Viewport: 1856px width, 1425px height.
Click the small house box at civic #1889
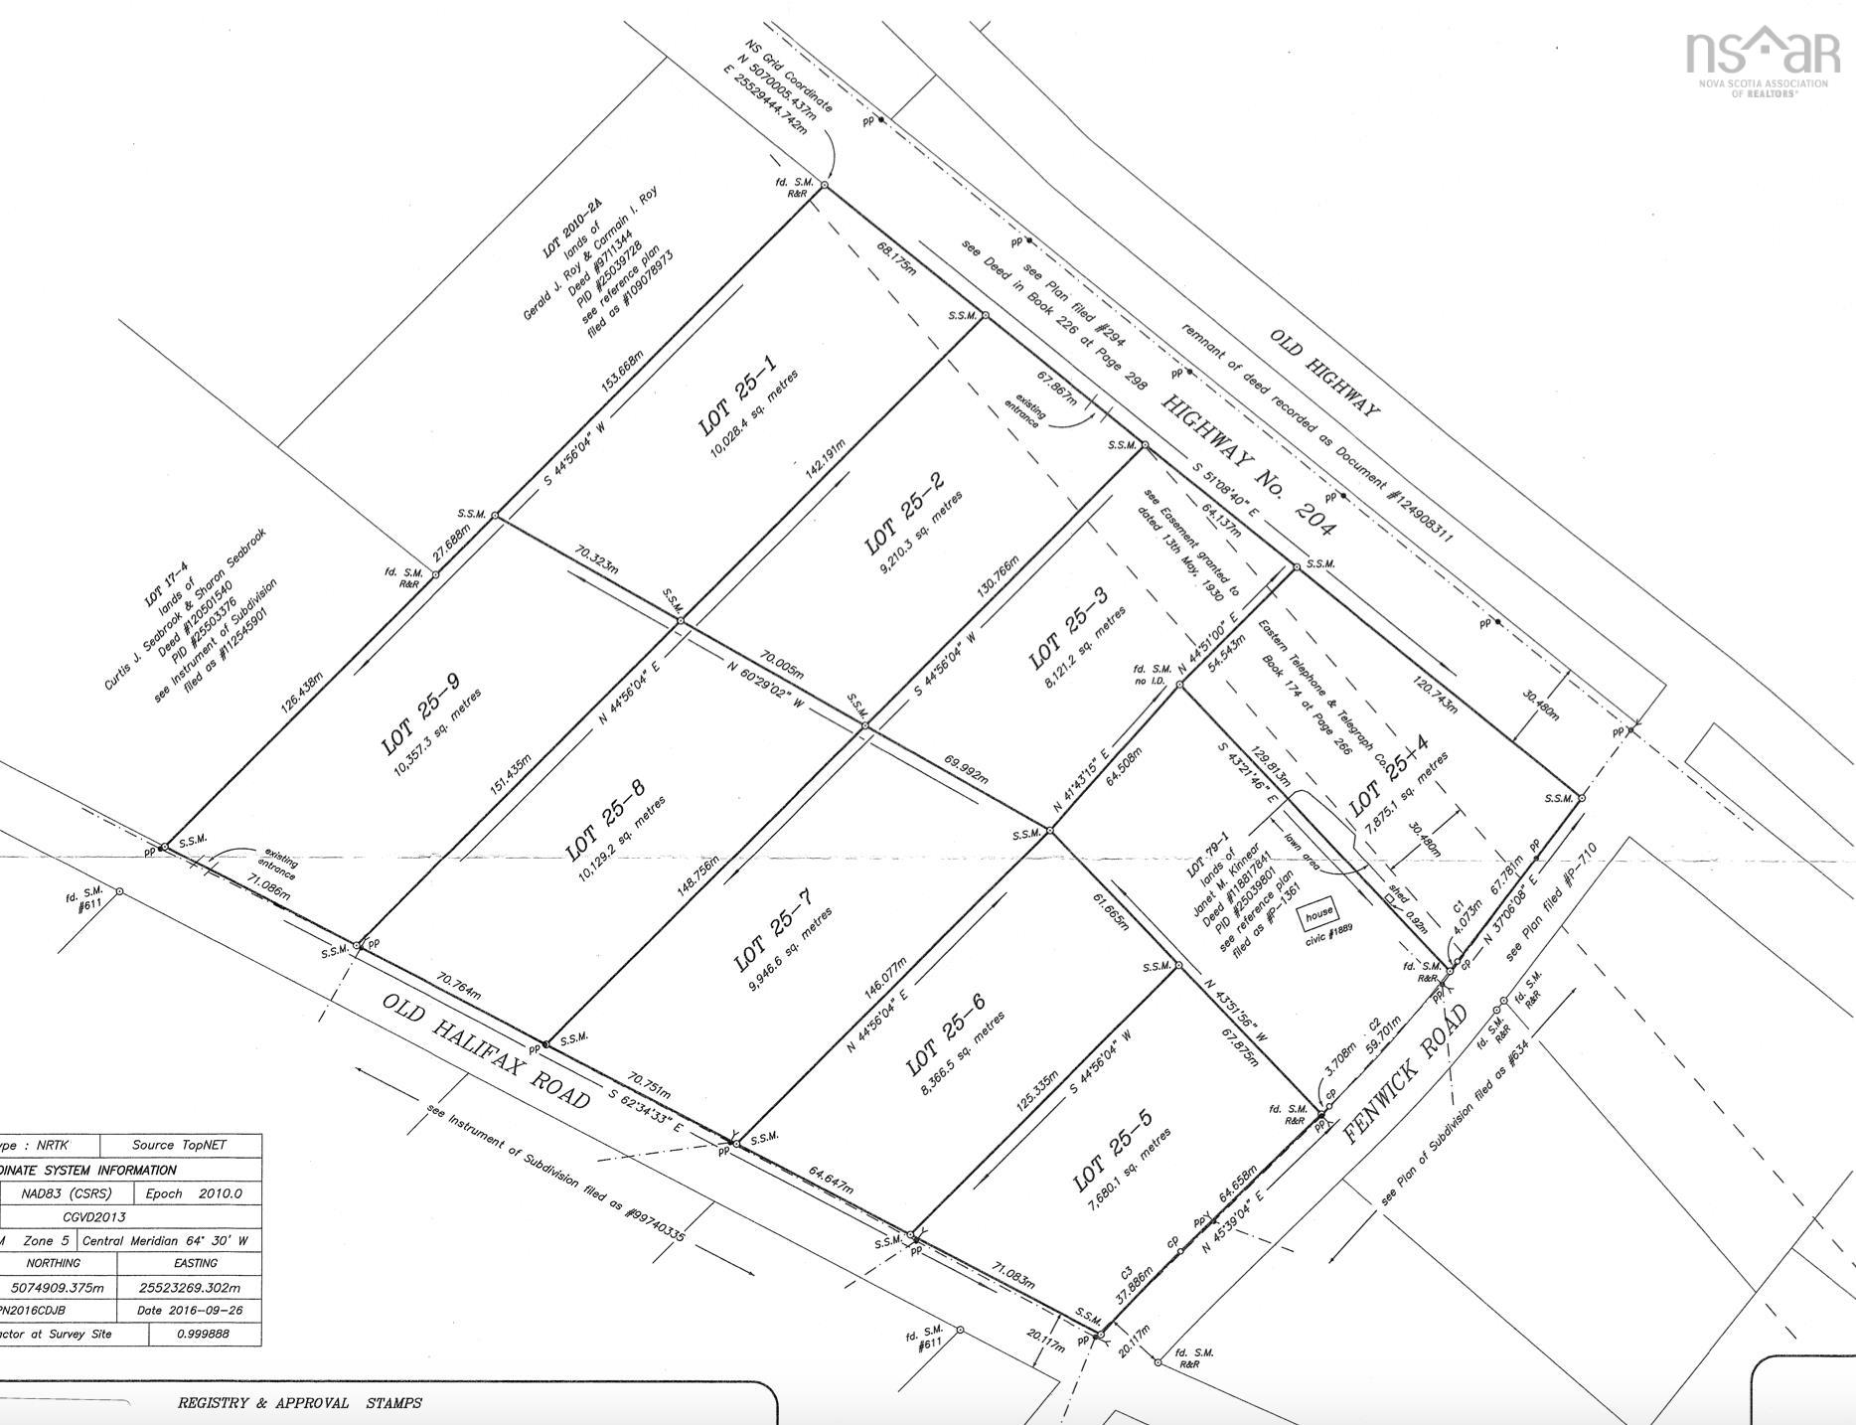tap(1318, 913)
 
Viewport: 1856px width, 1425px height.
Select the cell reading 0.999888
tap(206, 1334)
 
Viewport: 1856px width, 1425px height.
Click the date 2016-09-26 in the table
tap(190, 1310)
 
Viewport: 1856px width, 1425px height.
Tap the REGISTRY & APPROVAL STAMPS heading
tap(299, 1403)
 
